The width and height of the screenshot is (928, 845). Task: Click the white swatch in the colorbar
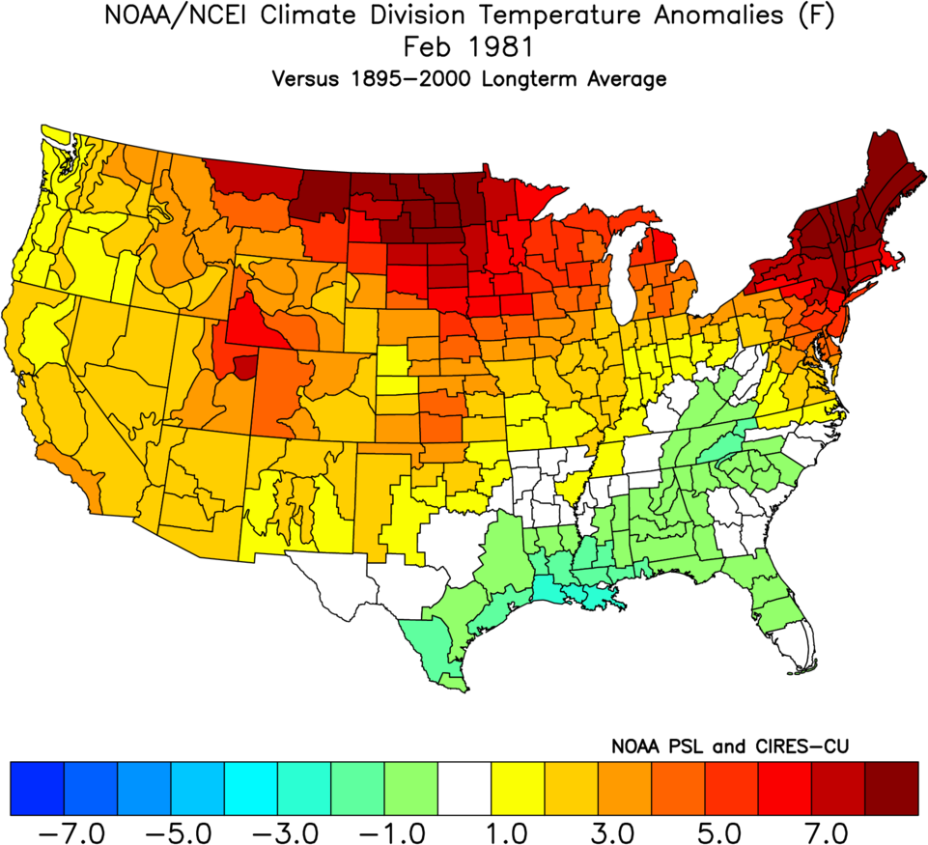(464, 789)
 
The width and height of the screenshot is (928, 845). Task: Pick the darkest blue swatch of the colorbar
(37, 789)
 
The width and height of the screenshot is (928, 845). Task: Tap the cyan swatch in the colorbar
(251, 789)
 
